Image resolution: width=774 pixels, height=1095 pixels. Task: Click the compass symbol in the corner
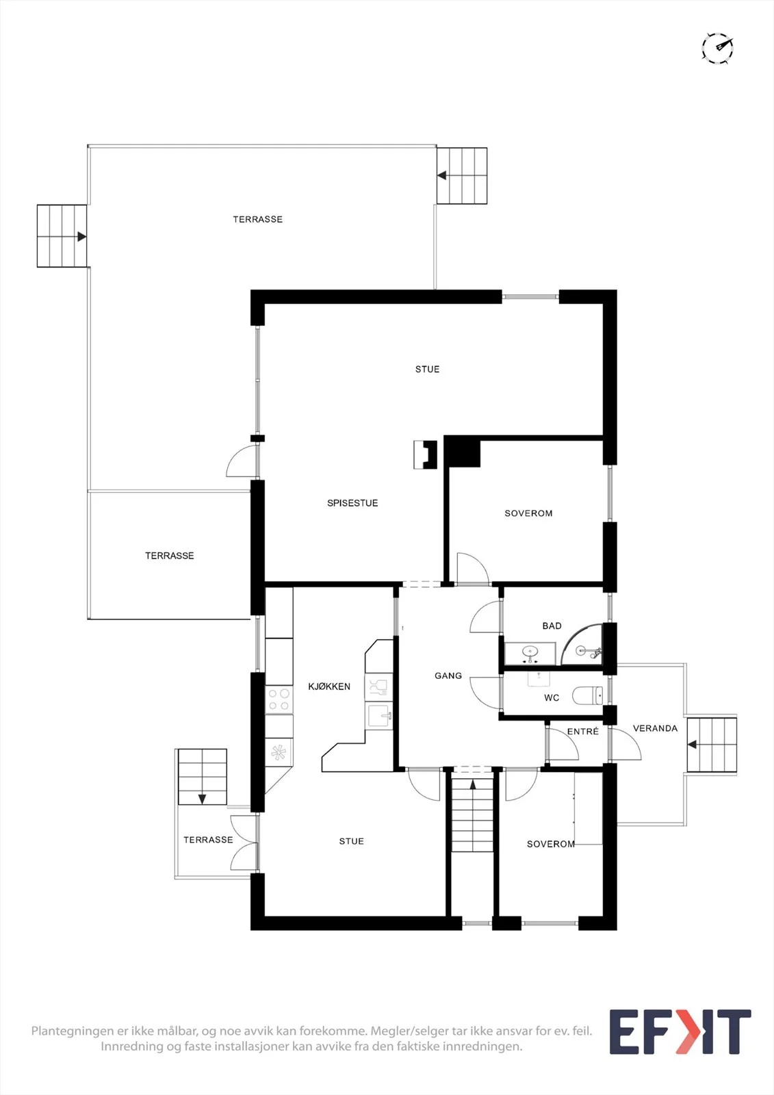point(717,48)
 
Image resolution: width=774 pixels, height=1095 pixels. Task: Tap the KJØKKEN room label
point(329,686)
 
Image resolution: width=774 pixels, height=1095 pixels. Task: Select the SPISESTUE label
point(352,503)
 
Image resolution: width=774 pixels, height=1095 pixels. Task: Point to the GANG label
point(448,675)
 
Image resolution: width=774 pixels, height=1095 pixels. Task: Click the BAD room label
point(552,626)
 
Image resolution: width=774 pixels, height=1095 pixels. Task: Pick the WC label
point(552,697)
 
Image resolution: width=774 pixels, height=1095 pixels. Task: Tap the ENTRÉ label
point(583,732)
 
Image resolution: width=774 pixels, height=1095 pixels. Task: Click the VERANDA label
point(655,728)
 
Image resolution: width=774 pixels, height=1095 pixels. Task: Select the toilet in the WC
point(587,695)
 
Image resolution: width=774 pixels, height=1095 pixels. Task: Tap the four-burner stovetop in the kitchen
point(279,699)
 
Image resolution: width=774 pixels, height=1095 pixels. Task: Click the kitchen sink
point(379,717)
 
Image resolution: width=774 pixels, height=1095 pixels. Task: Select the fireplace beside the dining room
point(425,454)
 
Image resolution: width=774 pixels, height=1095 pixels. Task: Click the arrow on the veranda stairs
point(692,745)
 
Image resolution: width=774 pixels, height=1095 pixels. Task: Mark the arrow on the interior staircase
point(473,784)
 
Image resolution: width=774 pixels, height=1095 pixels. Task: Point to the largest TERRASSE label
point(258,220)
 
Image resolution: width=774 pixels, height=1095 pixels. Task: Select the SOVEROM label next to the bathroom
point(528,513)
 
